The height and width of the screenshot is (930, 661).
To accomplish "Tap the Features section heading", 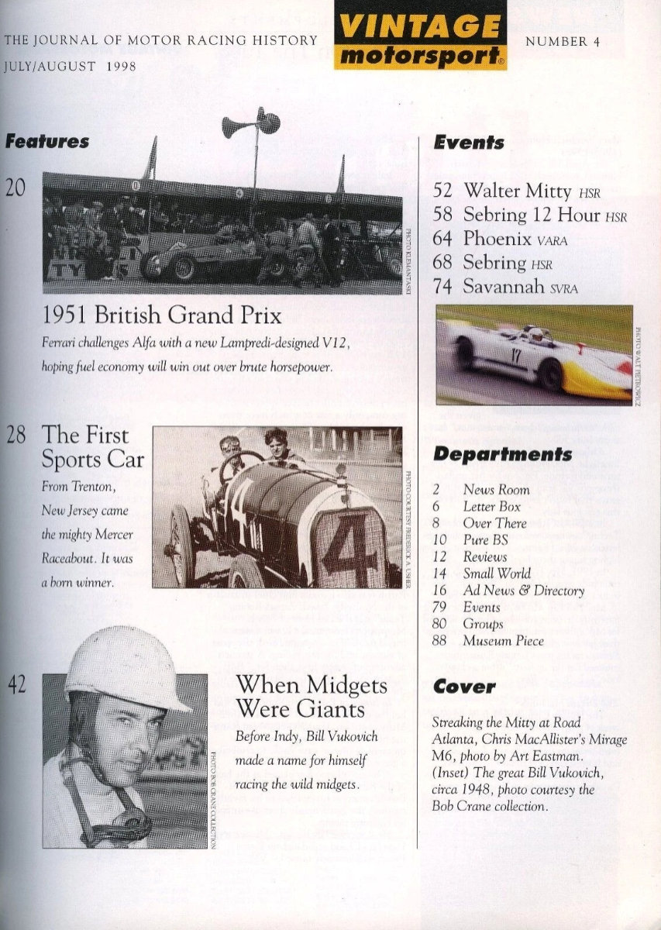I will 46,142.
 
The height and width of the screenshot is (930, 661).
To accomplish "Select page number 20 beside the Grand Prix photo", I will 15,187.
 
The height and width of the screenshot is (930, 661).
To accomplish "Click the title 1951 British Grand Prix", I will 162,315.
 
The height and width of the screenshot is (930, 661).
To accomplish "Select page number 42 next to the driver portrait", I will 18,684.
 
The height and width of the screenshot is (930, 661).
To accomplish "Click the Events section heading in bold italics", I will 468,143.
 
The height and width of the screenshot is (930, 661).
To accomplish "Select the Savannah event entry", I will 519,287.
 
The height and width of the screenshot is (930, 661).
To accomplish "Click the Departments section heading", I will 501,454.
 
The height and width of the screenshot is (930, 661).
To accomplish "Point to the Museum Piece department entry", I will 503,641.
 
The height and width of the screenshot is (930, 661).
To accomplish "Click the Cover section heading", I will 463,687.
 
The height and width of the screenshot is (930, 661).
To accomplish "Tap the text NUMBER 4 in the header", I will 563,42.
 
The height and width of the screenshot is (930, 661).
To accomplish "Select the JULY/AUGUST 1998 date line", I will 70,67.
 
